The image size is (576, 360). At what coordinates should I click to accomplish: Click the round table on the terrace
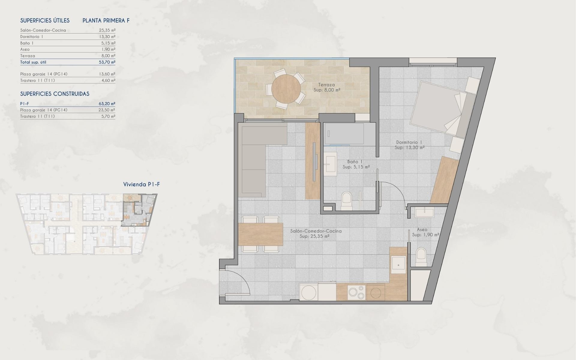(x=286, y=89)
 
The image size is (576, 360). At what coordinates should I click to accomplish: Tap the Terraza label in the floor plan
(x=326, y=85)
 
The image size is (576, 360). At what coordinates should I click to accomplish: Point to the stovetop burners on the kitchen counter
(x=356, y=292)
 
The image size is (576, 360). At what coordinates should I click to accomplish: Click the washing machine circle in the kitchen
(x=308, y=292)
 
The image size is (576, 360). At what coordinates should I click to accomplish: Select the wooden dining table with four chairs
(x=261, y=234)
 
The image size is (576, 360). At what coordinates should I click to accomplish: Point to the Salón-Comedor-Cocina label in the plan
(x=316, y=231)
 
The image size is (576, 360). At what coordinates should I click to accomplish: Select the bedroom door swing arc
(x=393, y=192)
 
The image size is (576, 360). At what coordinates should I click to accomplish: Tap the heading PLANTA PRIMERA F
(x=106, y=21)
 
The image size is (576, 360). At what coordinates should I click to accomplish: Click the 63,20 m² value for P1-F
(x=107, y=104)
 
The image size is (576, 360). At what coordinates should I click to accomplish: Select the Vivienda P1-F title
(x=141, y=184)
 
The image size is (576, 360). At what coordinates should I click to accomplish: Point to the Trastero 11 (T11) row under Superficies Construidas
(x=37, y=116)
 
